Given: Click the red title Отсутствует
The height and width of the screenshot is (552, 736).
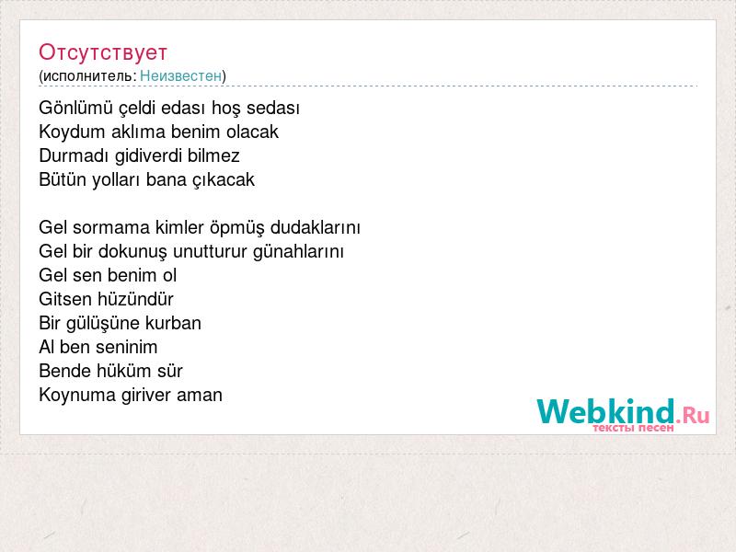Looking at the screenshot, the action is [x=103, y=52].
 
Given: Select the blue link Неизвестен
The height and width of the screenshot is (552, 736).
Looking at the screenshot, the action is [x=180, y=75].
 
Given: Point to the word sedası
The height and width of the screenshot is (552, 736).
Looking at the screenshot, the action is [x=273, y=108].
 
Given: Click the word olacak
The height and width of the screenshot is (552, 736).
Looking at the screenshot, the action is [x=252, y=132].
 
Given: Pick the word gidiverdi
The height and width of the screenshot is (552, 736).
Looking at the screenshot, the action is [x=148, y=155].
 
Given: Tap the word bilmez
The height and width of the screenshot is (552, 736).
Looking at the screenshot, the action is [x=213, y=155].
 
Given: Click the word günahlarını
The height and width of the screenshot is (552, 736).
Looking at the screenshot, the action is [x=298, y=251].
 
